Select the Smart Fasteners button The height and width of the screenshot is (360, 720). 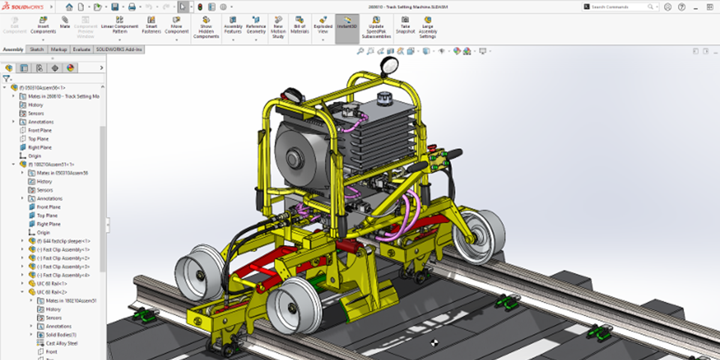151,26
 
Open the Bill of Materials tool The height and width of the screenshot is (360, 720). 300,26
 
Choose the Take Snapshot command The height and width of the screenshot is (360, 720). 405,26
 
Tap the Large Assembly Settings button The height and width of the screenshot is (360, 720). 427,27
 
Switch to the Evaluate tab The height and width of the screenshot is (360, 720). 82,49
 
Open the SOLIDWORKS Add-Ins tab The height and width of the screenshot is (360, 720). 119,49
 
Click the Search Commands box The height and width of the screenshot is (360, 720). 618,7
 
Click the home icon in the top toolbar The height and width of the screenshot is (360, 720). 70,7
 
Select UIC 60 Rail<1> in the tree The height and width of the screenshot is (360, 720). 51,283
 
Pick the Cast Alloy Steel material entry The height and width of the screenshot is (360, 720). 62,343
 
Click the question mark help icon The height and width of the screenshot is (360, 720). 682,7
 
